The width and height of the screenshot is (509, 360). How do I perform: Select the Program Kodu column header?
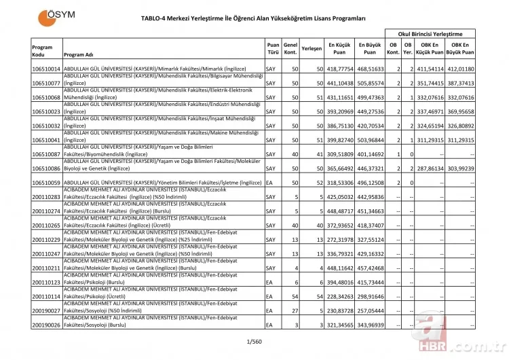[x=42, y=50]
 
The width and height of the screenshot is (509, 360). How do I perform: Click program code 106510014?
[x=46, y=69]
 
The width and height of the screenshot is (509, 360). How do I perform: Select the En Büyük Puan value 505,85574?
[x=370, y=84]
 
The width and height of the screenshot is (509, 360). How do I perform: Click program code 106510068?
[x=46, y=97]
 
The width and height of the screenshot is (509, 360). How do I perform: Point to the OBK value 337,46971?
[x=431, y=111]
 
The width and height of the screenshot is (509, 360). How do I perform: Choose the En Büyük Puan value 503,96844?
[x=370, y=139]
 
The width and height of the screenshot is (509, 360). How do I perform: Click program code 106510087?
[x=46, y=154]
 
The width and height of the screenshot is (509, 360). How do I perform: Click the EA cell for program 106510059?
[x=269, y=183]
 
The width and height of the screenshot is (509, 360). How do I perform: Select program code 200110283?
[x=46, y=198]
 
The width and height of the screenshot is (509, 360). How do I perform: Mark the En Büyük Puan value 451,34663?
[x=370, y=211]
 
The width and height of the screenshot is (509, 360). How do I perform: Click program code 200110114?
[x=46, y=297]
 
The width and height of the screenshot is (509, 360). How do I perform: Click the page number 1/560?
[x=254, y=340]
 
